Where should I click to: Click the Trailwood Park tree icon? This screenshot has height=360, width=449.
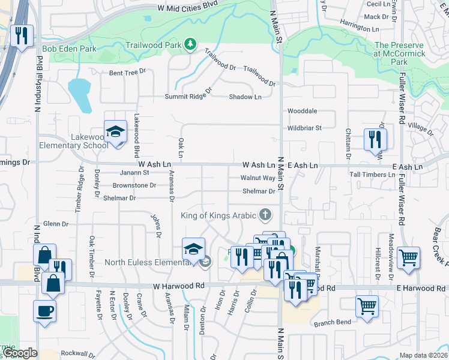click(190, 43)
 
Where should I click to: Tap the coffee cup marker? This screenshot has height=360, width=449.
click(44, 311)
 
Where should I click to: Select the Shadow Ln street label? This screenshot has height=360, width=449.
click(245, 97)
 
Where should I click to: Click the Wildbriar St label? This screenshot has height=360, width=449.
click(304, 128)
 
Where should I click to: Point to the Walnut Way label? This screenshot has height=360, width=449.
click(258, 178)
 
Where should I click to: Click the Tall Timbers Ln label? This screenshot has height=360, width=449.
click(372, 175)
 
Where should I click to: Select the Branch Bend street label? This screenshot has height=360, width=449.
click(332, 323)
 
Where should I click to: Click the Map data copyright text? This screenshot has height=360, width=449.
click(423, 356)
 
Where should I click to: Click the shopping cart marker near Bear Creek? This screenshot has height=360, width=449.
click(408, 257)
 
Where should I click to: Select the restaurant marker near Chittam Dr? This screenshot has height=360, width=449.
click(375, 139)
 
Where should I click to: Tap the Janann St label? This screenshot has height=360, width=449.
click(134, 172)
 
